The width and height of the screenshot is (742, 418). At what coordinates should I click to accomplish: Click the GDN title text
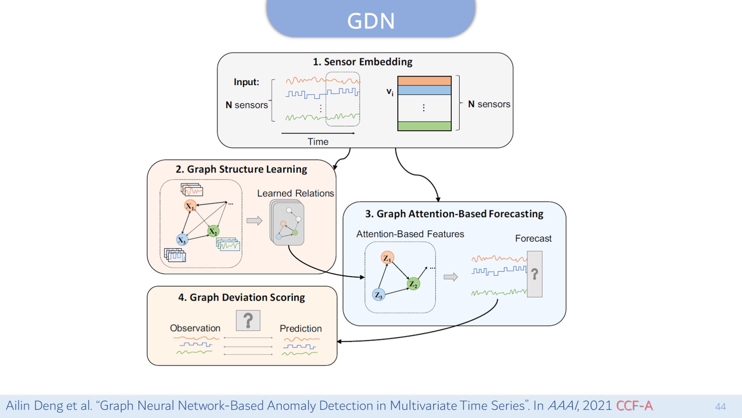371,21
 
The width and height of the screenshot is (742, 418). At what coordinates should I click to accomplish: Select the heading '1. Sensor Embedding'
363,62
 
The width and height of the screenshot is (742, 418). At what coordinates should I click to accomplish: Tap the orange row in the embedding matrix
424,81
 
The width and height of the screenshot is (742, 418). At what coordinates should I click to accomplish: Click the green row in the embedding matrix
424,126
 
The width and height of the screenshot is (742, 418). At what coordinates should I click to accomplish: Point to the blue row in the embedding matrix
424,90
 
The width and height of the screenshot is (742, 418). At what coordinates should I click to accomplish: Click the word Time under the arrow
318,142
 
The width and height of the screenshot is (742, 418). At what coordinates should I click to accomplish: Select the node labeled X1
190,206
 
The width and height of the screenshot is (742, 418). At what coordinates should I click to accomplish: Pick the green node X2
213,231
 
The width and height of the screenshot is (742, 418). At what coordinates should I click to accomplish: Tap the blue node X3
182,239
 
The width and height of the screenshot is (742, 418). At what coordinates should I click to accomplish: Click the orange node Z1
387,258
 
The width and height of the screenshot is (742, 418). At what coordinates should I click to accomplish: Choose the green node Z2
413,284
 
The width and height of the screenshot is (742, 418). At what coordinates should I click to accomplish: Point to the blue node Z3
379,294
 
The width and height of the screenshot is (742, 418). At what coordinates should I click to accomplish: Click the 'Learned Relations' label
296,193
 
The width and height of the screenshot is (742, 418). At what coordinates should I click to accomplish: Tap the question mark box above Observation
248,320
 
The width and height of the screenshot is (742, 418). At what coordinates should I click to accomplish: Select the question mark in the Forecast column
534,274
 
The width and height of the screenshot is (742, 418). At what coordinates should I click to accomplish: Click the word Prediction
301,328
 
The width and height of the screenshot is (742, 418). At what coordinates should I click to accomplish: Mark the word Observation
195,328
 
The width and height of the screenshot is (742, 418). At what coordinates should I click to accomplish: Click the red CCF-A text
634,406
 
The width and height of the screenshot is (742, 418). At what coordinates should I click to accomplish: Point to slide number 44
720,407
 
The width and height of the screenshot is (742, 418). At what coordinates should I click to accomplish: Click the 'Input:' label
246,82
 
